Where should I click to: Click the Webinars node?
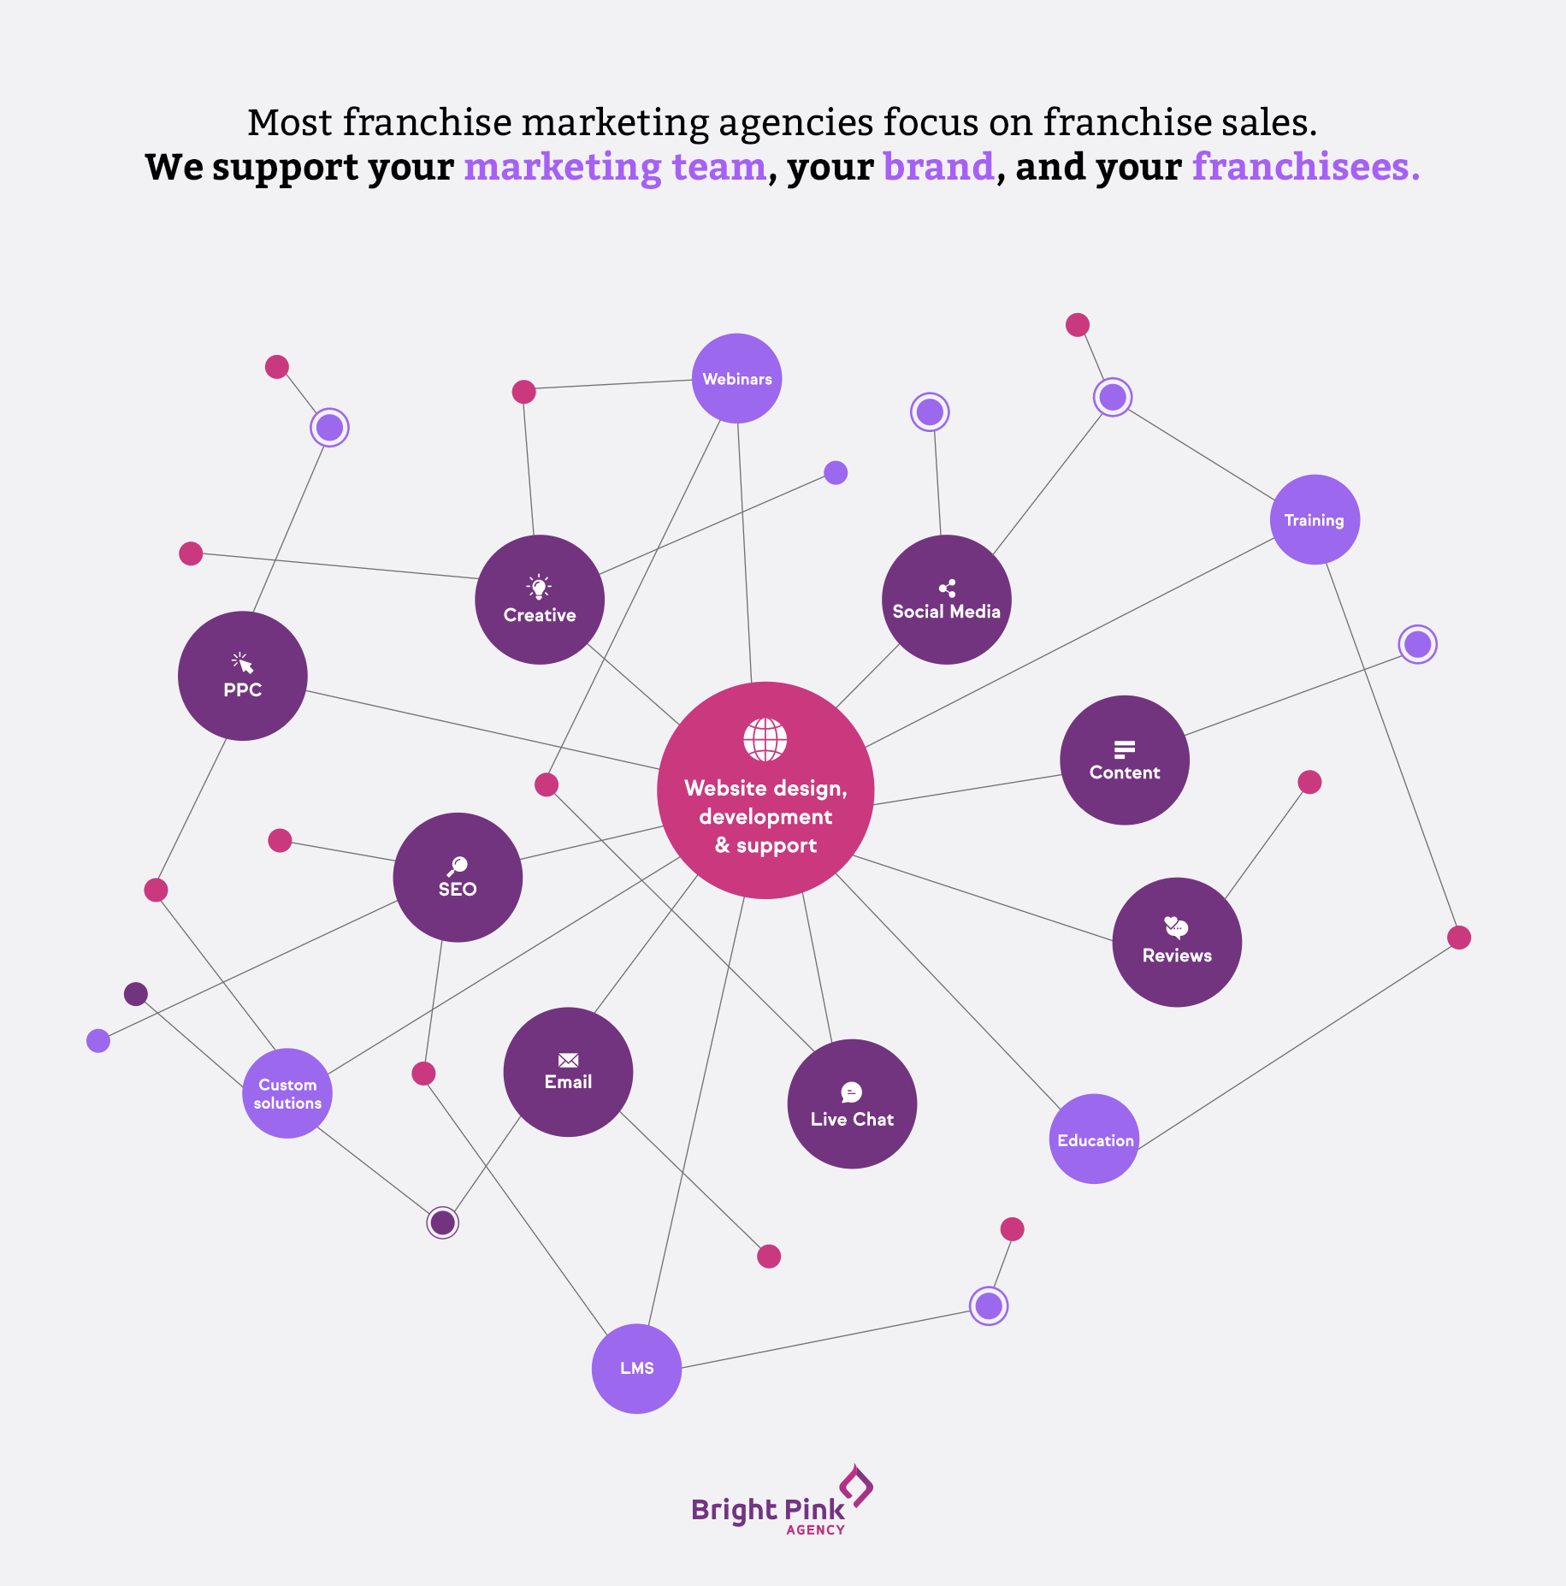pyautogui.click(x=736, y=378)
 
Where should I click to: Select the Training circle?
pyautogui.click(x=1315, y=519)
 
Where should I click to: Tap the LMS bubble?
pyautogui.click(x=636, y=1368)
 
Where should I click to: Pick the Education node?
pyautogui.click(x=1094, y=1139)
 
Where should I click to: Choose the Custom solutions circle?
pyautogui.click(x=287, y=1093)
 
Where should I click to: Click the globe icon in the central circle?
pyautogui.click(x=765, y=739)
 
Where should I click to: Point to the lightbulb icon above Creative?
pyautogui.click(x=539, y=588)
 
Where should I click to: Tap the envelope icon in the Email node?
pyautogui.click(x=568, y=1061)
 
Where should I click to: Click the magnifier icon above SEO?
pyautogui.click(x=458, y=866)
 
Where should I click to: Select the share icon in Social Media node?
pyautogui.click(x=947, y=589)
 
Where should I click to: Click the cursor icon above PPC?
pyautogui.click(x=242, y=663)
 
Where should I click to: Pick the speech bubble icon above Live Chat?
pyautogui.click(x=852, y=1092)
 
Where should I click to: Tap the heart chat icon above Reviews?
pyautogui.click(x=1177, y=927)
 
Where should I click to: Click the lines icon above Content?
pyautogui.click(x=1125, y=749)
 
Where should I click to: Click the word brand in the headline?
pyautogui.click(x=938, y=166)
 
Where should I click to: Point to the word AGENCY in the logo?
pyautogui.click(x=815, y=1530)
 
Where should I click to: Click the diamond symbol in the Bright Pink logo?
pyautogui.click(x=856, y=1485)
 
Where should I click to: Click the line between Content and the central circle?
pyautogui.click(x=966, y=790)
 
